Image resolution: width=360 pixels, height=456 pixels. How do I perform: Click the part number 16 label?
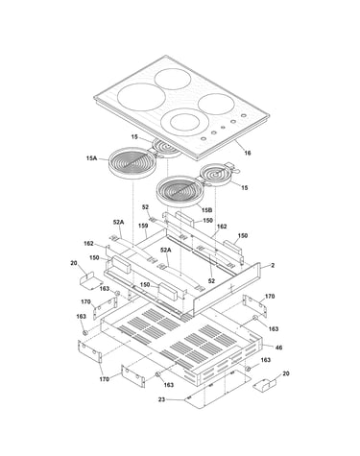(248, 153)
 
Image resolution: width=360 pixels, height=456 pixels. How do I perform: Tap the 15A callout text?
(91, 158)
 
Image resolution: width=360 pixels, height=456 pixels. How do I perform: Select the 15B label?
(207, 210)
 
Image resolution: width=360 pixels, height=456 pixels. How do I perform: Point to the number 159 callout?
(143, 226)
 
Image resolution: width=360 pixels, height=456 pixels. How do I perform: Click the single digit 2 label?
(273, 265)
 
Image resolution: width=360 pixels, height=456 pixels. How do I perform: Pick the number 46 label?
(278, 348)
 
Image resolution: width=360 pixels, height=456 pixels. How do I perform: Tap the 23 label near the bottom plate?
(161, 399)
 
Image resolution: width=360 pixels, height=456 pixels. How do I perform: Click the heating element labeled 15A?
(132, 163)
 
